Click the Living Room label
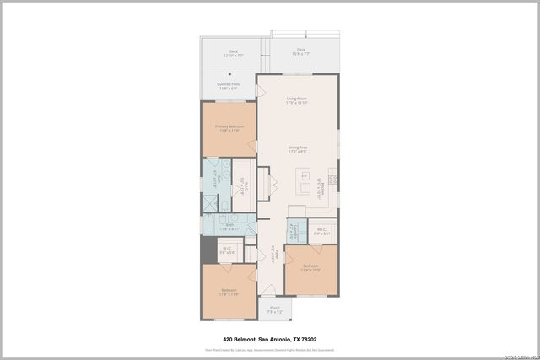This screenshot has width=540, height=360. point(296,100)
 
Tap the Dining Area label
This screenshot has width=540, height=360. point(297,149)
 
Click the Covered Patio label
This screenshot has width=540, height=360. point(229,86)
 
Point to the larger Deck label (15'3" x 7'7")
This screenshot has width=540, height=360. point(301,52)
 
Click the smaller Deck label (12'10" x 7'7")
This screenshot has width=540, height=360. point(233,53)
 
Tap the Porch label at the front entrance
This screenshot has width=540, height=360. point(274,309)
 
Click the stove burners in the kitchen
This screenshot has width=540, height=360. point(332,180)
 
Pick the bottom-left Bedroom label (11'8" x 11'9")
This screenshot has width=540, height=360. point(229,293)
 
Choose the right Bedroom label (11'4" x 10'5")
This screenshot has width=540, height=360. point(310,268)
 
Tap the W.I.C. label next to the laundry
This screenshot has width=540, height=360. point(321,231)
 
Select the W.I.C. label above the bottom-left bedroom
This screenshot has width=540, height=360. point(227,250)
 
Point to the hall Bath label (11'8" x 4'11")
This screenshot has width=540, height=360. point(229,227)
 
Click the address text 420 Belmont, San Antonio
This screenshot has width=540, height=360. point(269,340)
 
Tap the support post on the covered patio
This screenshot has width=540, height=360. point(201,99)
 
